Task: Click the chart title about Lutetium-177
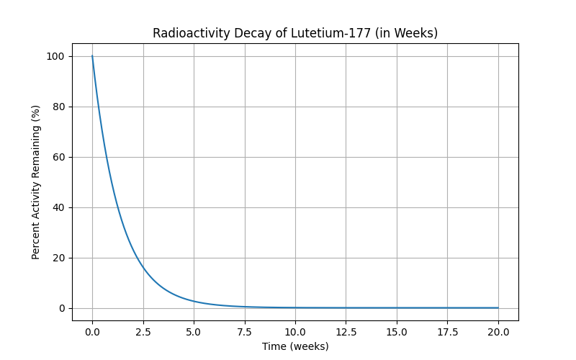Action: (295, 33)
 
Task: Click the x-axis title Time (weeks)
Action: (295, 346)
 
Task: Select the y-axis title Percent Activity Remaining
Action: (36, 182)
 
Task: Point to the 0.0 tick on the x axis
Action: (92, 332)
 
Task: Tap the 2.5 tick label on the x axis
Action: (143, 332)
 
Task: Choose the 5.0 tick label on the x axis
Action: (194, 332)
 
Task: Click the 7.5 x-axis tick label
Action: (244, 332)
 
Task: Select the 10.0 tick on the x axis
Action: (295, 332)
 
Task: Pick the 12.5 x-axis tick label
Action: (346, 332)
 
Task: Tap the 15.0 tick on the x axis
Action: (397, 332)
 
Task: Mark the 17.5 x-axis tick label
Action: (447, 332)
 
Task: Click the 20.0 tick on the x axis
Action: (498, 332)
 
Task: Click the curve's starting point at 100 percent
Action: (92, 56)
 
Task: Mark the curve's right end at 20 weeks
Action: (498, 308)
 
